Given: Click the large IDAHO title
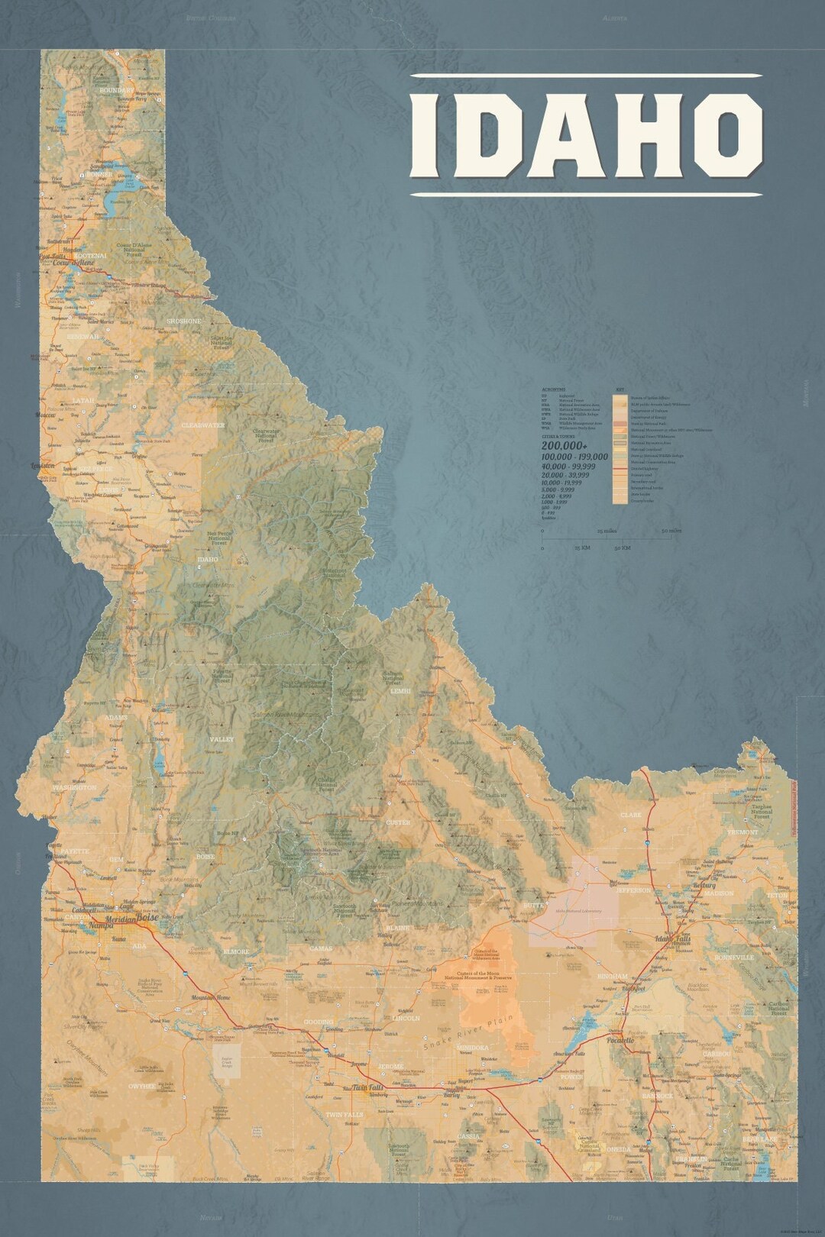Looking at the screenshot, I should pyautogui.click(x=587, y=134).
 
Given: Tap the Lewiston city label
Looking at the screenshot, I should pyautogui.click(x=42, y=465).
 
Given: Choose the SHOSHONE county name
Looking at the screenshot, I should pyautogui.click(x=184, y=321).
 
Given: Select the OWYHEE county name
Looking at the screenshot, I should pyautogui.click(x=142, y=1085).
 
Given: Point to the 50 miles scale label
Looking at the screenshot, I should pyautogui.click(x=671, y=531).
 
